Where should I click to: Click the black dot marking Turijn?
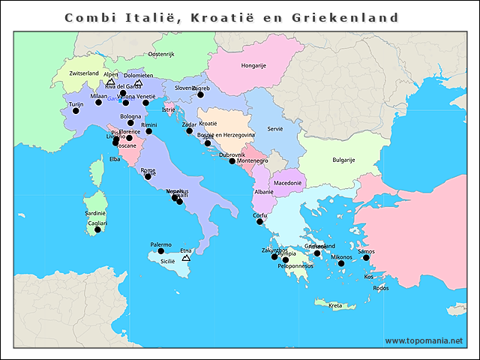(x=76, y=111)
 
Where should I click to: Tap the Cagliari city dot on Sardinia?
(x=97, y=229)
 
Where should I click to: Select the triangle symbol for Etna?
(x=186, y=258)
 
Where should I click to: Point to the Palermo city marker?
(x=160, y=251)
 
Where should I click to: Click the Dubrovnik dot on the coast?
(x=232, y=161)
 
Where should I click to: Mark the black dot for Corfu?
(x=259, y=222)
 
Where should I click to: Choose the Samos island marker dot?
(x=367, y=258)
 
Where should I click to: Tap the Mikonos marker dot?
(x=341, y=263)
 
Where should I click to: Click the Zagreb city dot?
(x=200, y=94)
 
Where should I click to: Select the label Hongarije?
(x=253, y=65)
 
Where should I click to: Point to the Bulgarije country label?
(x=343, y=160)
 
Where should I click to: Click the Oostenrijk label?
(x=161, y=54)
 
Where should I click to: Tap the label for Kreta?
(x=335, y=305)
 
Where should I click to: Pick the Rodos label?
(x=380, y=288)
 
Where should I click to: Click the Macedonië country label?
(x=287, y=182)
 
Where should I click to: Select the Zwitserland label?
(x=83, y=73)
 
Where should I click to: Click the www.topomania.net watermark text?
(x=424, y=340)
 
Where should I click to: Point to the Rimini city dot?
(x=148, y=131)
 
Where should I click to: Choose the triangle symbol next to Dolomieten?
(x=139, y=84)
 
